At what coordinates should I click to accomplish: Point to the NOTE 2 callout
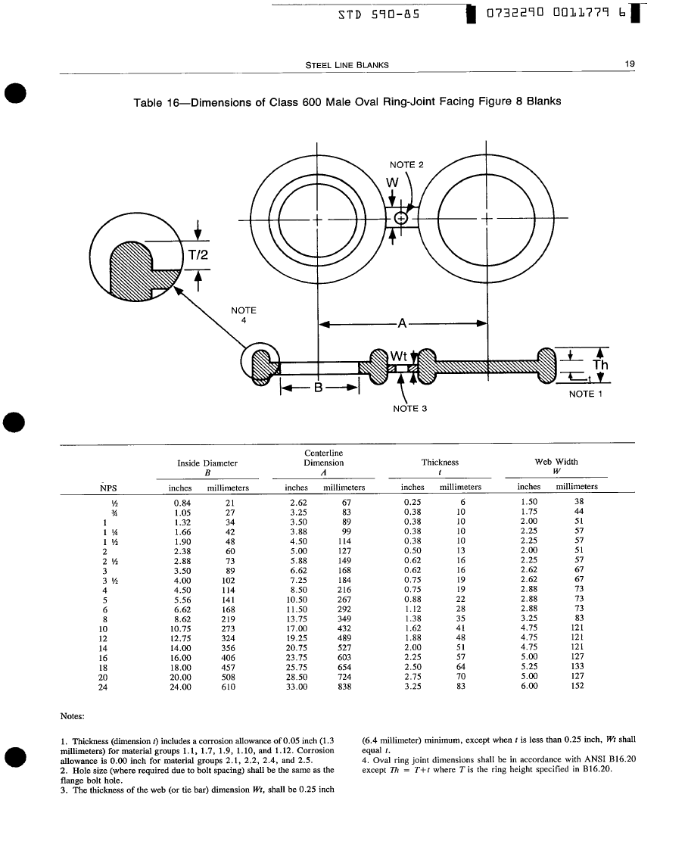(407, 164)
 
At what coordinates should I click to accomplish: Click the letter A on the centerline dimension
(403, 324)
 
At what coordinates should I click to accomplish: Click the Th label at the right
(600, 365)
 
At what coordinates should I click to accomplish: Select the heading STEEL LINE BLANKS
(347, 65)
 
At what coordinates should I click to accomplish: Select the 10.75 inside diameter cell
(181, 628)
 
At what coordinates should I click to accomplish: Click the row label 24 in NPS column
(104, 687)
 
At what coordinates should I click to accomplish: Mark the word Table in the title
(149, 101)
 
